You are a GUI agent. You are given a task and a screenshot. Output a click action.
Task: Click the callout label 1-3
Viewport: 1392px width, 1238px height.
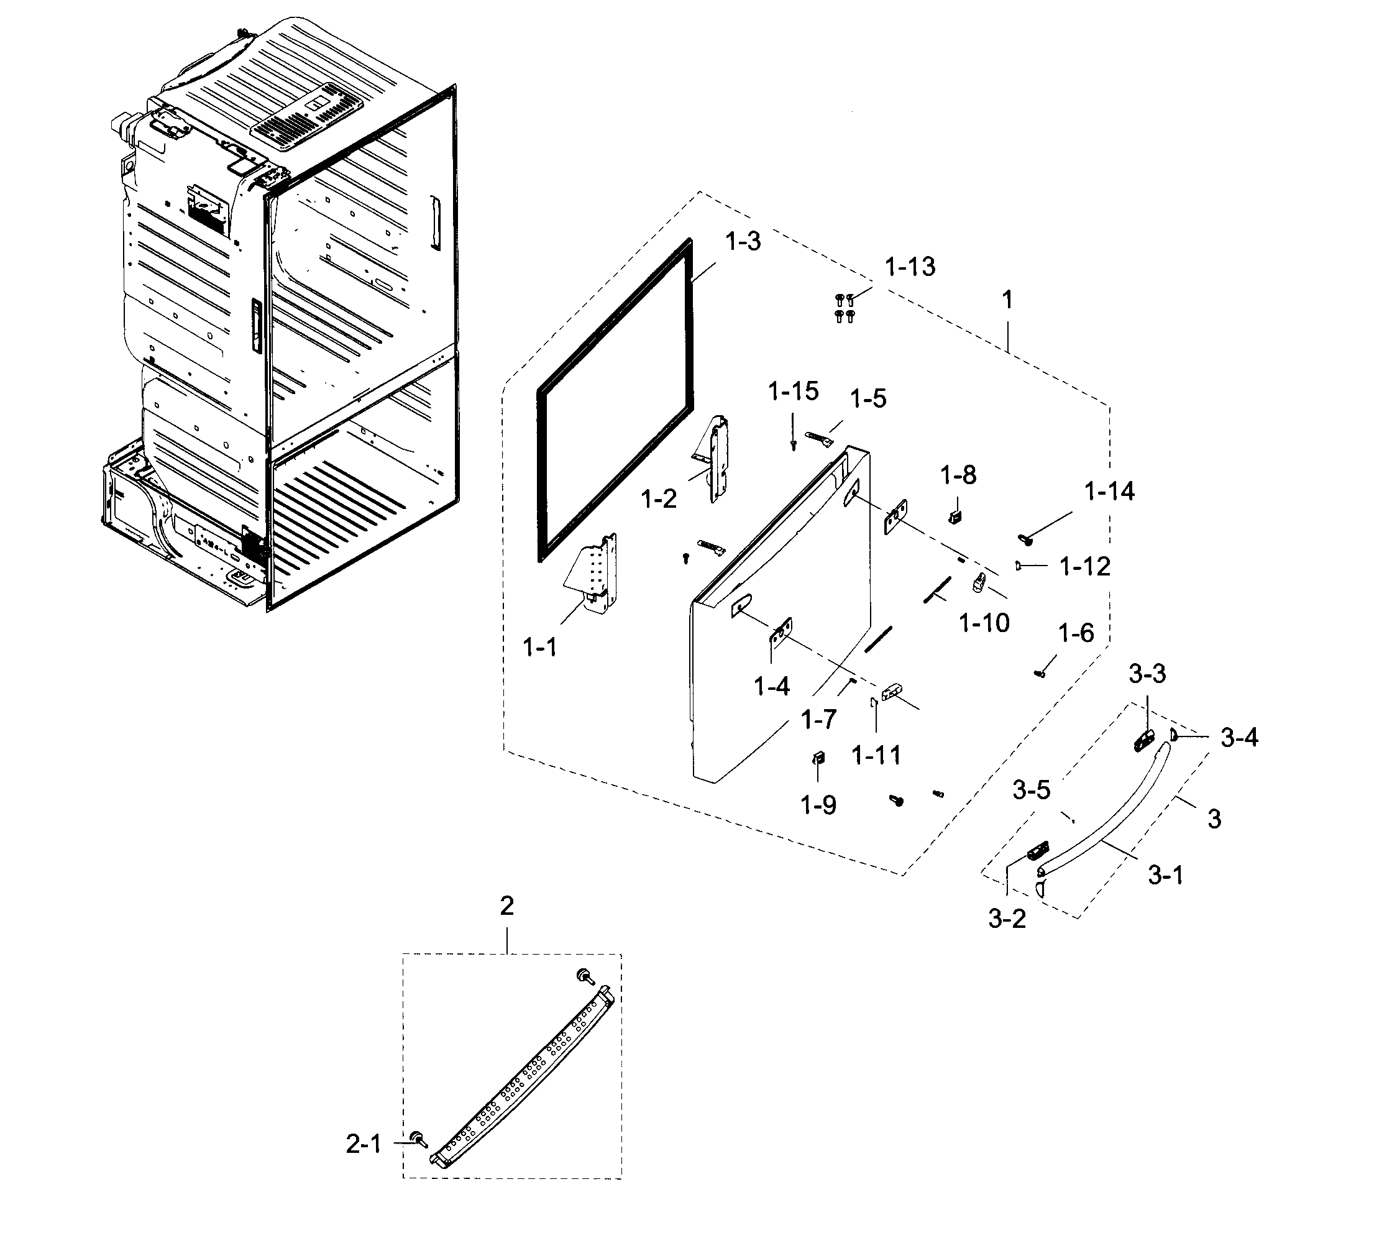click(743, 241)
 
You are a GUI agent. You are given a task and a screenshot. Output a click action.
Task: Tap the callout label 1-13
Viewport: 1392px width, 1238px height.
click(910, 267)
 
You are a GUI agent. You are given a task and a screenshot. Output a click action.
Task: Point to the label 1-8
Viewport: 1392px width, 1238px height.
click(958, 475)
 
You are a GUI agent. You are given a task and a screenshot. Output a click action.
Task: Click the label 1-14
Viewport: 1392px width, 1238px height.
click(1109, 492)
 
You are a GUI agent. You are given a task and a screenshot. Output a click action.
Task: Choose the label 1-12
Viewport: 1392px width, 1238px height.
click(1085, 567)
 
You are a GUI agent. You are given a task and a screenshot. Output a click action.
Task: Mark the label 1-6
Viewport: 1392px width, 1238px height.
click(1076, 633)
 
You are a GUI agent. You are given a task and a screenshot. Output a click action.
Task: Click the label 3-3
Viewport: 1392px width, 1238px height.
click(1148, 674)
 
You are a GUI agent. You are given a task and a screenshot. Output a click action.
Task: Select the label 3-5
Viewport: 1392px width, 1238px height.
click(1031, 791)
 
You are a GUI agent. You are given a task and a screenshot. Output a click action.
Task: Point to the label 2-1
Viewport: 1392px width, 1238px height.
click(364, 1145)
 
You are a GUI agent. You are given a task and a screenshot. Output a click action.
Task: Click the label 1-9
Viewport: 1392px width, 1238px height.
click(818, 805)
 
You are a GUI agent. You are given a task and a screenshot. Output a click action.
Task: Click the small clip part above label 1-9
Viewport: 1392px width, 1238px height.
click(819, 758)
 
